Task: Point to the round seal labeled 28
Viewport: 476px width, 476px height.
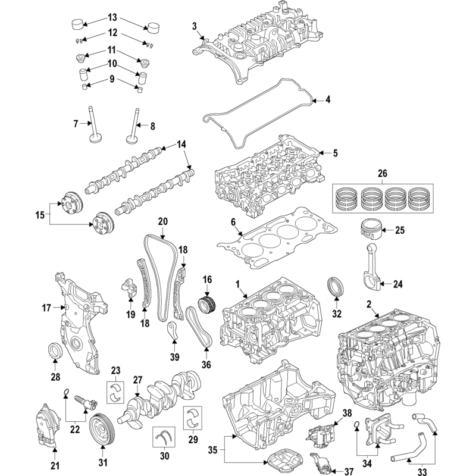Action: tap(54, 352)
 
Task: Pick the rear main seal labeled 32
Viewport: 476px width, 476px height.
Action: tap(337, 287)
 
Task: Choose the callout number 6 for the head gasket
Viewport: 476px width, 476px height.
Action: tap(233, 223)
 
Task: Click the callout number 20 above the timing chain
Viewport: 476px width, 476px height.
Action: tap(162, 221)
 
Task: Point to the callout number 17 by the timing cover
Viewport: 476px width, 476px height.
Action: tap(46, 308)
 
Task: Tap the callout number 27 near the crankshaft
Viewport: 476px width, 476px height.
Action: tap(137, 379)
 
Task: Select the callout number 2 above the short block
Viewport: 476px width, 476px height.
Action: tap(369, 305)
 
